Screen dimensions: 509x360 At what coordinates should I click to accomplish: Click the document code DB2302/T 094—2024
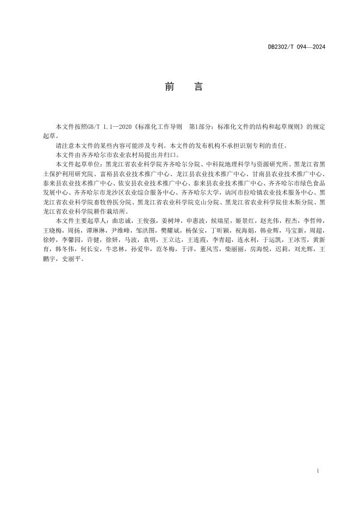[x=296, y=47]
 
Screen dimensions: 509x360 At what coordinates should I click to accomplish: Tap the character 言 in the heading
[x=198, y=87]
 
